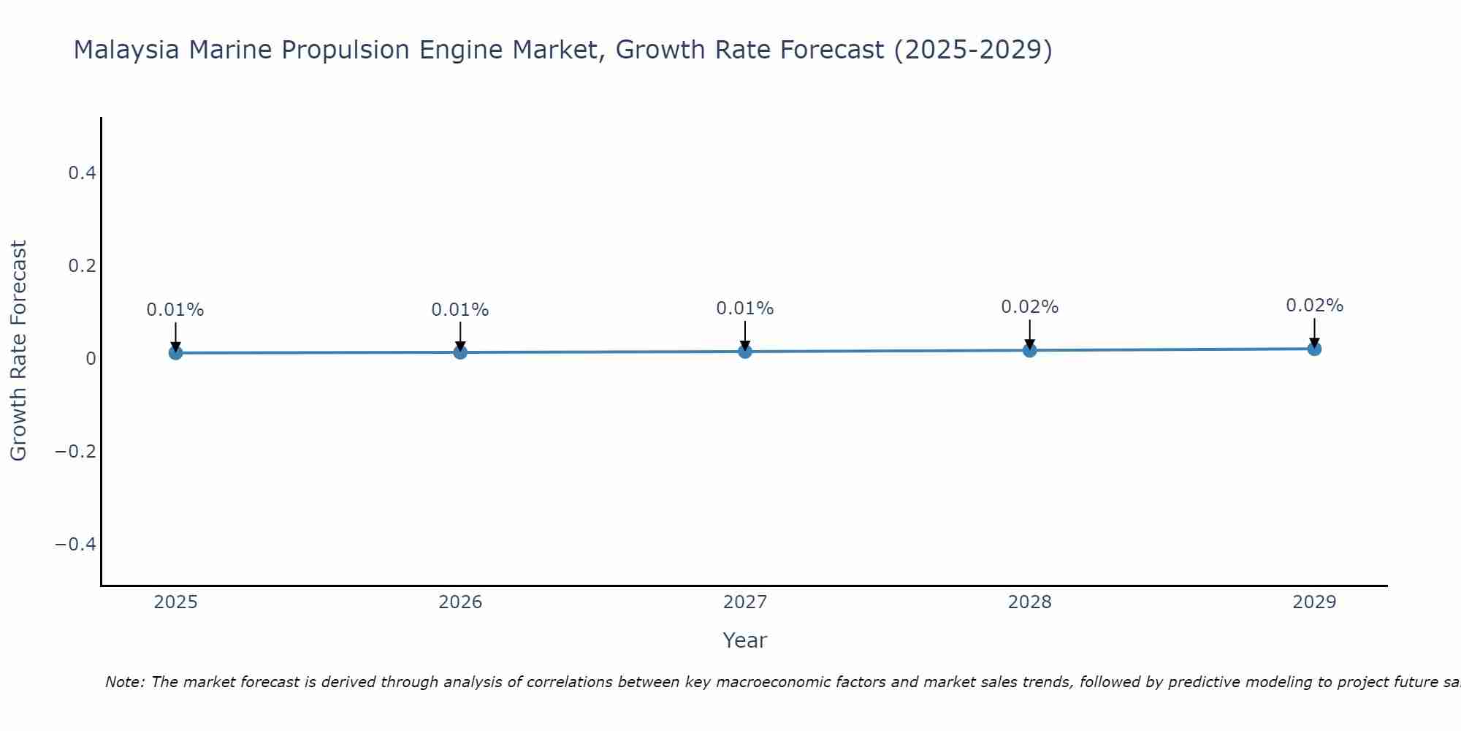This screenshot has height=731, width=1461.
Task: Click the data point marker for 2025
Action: (x=175, y=353)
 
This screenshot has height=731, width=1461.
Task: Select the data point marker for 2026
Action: (x=460, y=352)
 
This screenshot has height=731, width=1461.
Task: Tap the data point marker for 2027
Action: (x=745, y=352)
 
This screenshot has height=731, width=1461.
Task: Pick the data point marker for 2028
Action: (x=1029, y=350)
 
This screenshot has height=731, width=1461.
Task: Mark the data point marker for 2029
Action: (x=1314, y=349)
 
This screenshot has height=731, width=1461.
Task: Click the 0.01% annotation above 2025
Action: (x=175, y=310)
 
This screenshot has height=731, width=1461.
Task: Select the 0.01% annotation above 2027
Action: (x=745, y=308)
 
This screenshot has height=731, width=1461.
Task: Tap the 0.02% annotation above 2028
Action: (x=1029, y=307)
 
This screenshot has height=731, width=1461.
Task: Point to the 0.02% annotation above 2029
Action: (x=1314, y=306)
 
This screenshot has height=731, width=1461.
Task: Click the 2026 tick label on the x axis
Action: (x=460, y=602)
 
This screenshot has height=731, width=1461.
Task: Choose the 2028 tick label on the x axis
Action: (x=1029, y=602)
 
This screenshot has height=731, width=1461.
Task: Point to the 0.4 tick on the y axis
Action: (x=82, y=173)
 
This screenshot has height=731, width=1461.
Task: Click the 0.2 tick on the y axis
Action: (x=82, y=266)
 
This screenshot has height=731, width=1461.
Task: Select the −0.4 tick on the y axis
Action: (x=75, y=545)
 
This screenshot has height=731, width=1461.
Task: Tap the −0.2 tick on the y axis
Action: (x=75, y=452)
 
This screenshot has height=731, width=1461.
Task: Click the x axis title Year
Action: (x=744, y=640)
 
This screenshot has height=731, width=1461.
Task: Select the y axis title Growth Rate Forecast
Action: (x=18, y=351)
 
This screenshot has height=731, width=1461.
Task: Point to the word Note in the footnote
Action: (x=124, y=683)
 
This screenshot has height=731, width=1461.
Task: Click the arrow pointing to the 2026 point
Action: (x=460, y=336)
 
